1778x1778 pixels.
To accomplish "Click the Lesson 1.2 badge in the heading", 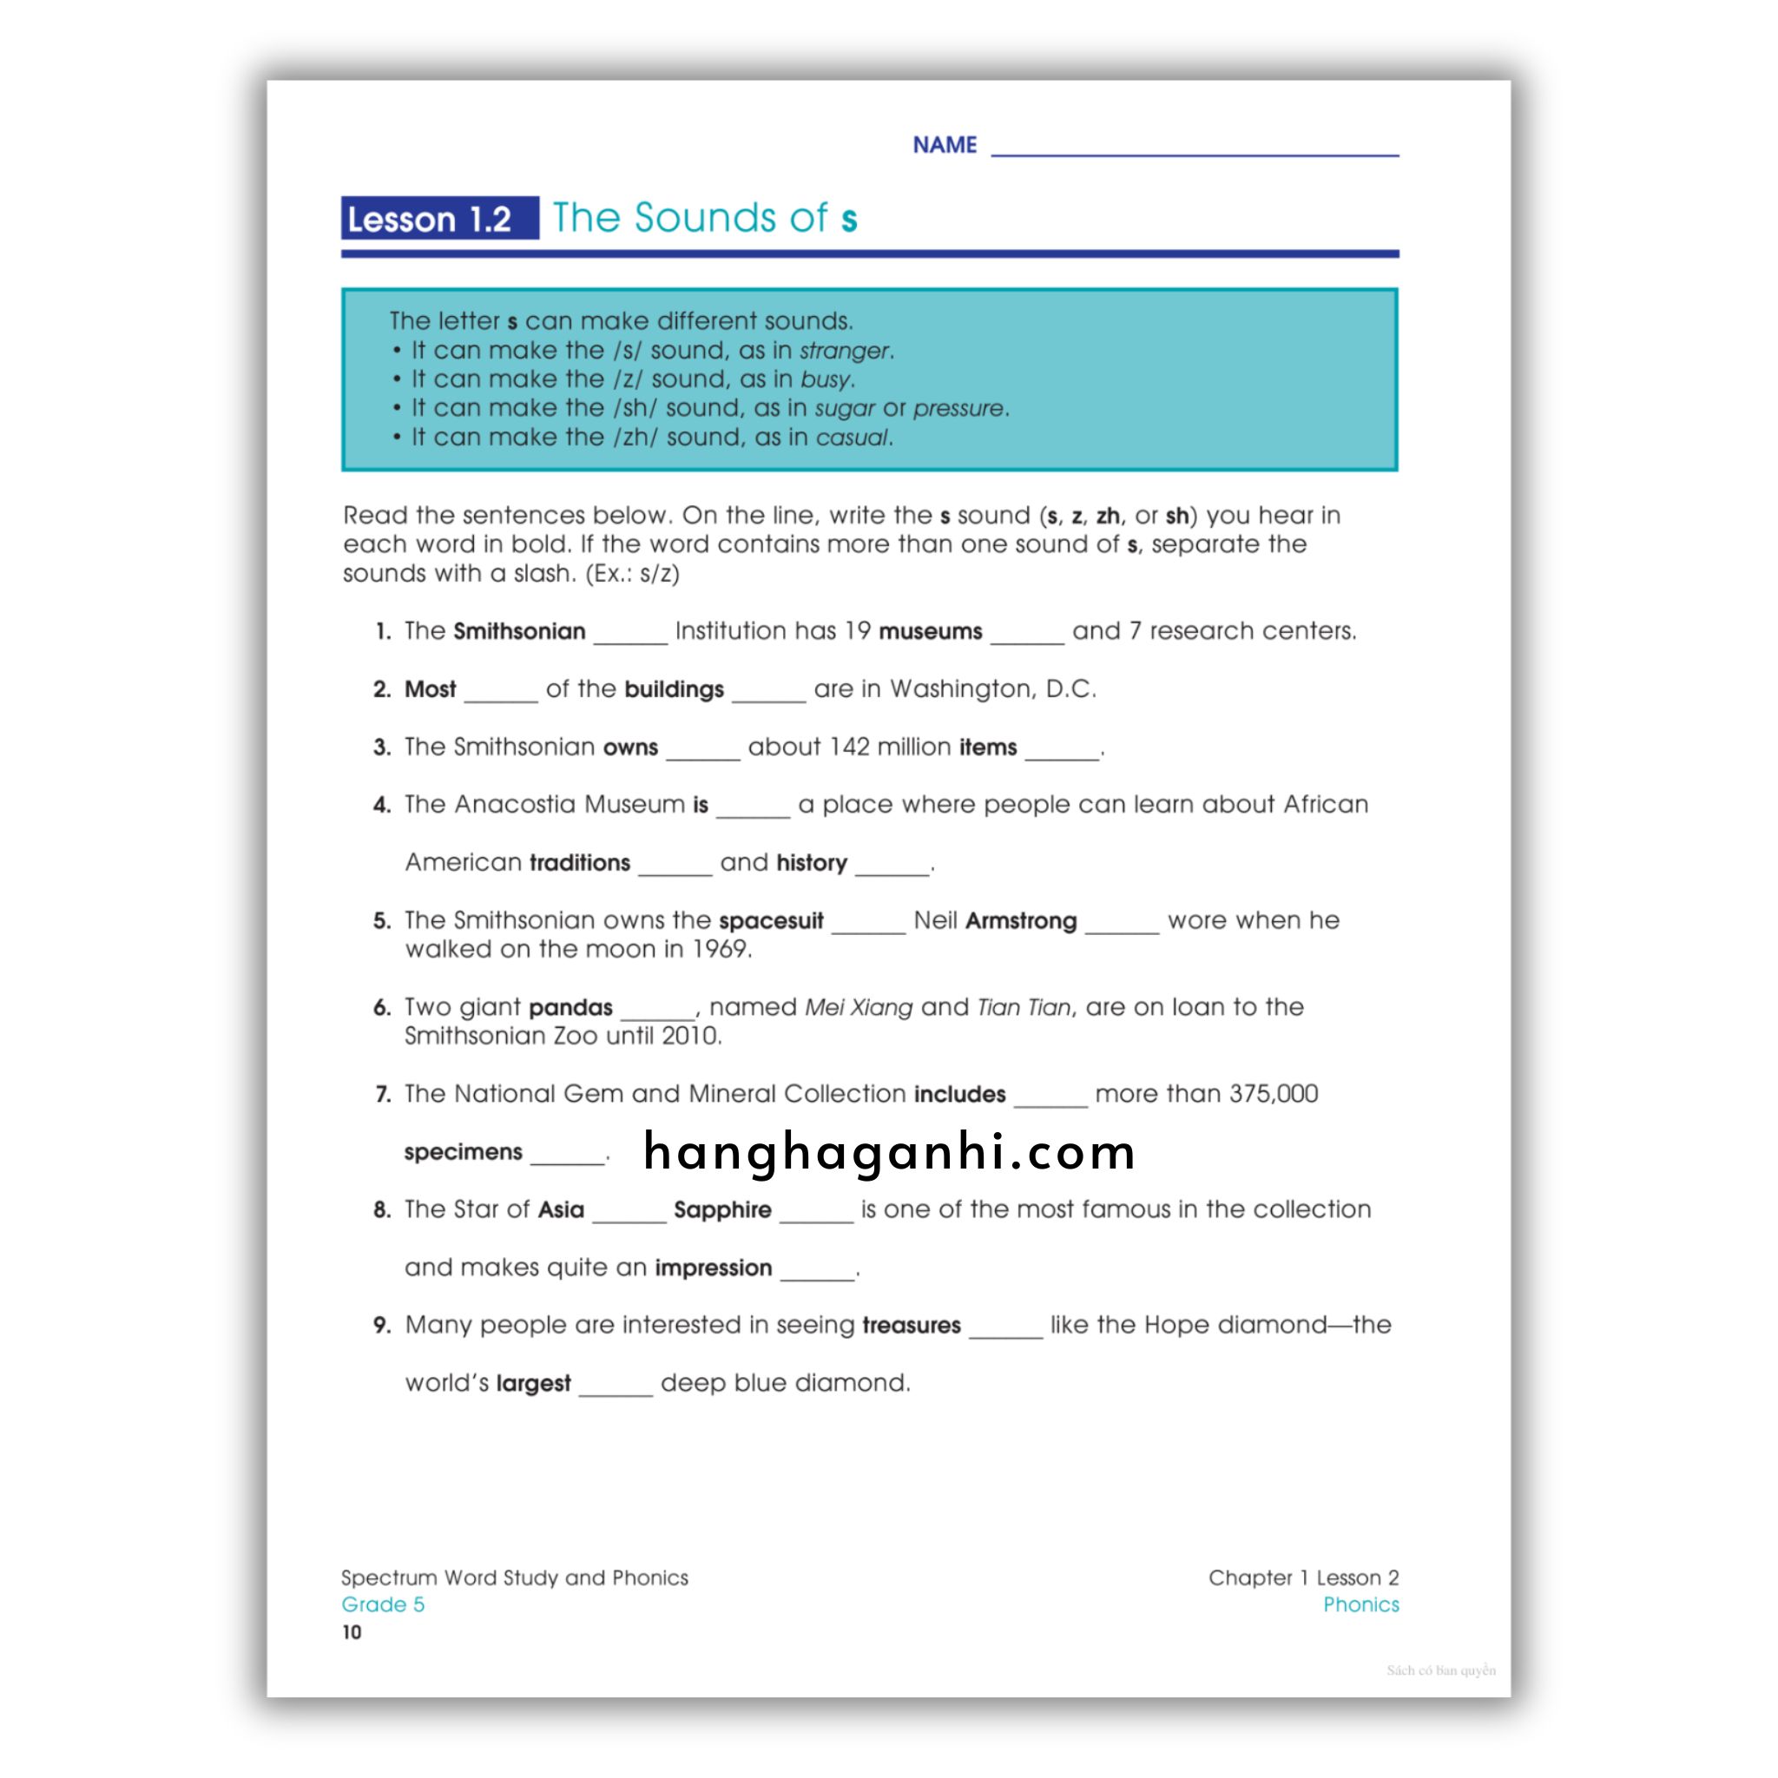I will tap(439, 218).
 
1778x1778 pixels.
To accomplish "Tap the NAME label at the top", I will tap(945, 144).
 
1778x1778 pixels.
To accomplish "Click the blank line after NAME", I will tap(1195, 148).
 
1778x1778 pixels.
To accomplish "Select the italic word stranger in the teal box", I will tap(844, 351).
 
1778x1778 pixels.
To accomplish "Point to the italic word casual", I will tap(853, 438).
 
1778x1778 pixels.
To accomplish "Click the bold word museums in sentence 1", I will tap(931, 631).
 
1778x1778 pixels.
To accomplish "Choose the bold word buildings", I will tap(674, 689).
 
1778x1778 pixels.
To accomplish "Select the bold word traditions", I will tap(580, 862).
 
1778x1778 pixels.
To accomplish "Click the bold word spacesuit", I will tap(771, 920).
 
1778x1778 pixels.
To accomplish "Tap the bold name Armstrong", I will tap(1021, 920).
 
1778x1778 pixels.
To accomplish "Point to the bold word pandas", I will tap(570, 1007).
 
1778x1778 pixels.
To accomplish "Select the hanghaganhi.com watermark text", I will tap(889, 1151).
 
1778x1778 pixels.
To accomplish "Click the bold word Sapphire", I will tap(722, 1209).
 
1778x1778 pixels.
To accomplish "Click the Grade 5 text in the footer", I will tap(383, 1604).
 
